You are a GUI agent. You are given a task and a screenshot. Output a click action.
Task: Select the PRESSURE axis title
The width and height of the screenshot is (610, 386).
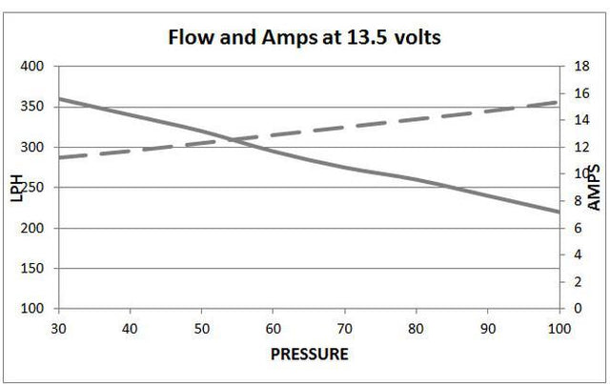(310, 355)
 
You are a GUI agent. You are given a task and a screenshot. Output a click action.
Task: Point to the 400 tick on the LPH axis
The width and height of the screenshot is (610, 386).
(32, 67)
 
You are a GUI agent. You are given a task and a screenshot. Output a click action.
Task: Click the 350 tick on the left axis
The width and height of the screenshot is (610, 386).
(32, 107)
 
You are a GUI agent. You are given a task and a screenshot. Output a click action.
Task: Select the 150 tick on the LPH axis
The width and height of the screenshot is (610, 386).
(32, 269)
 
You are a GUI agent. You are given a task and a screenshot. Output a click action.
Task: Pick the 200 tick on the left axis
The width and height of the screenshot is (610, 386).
(32, 229)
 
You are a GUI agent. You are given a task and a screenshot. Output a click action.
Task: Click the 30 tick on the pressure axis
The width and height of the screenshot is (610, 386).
(58, 327)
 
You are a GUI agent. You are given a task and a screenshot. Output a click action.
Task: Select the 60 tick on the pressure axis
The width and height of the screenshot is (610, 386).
(272, 327)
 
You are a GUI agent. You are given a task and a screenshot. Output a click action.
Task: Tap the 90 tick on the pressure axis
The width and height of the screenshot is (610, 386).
(486, 327)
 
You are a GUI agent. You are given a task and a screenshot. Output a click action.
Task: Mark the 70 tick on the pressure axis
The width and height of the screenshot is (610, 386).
(343, 327)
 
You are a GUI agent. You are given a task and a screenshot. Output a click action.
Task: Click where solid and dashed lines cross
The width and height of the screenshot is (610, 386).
(234, 140)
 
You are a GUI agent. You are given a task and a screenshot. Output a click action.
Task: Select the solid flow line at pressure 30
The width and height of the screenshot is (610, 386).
(59, 98)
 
